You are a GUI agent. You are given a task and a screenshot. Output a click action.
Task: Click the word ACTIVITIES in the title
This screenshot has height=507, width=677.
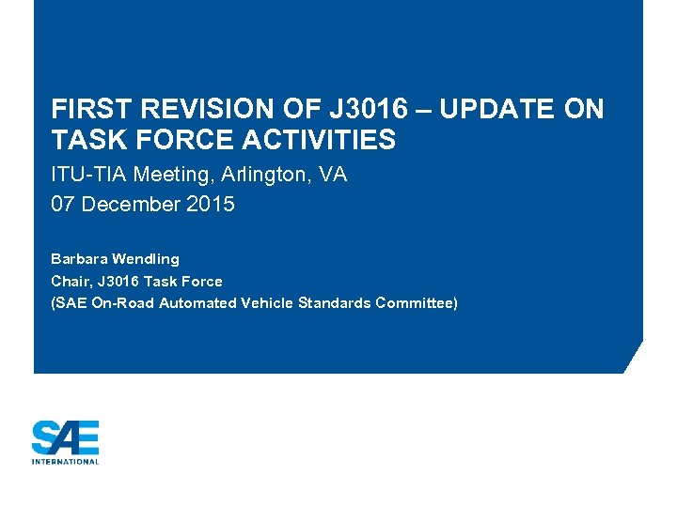pyautogui.click(x=319, y=141)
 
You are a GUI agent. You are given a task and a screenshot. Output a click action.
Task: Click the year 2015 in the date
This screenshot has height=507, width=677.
pyautogui.click(x=211, y=204)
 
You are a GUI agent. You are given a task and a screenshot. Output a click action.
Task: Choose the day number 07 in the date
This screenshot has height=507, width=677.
pyautogui.click(x=64, y=204)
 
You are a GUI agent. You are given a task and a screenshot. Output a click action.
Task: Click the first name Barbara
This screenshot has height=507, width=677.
pyautogui.click(x=78, y=258)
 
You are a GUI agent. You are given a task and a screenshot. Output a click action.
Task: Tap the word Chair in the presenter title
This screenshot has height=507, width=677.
pyautogui.click(x=69, y=281)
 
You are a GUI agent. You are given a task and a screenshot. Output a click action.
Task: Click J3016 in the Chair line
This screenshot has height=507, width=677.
pyautogui.click(x=116, y=281)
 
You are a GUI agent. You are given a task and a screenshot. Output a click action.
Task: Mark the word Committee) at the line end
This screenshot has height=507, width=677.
pyautogui.click(x=417, y=302)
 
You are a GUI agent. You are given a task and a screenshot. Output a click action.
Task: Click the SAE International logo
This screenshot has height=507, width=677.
pyautogui.click(x=65, y=441)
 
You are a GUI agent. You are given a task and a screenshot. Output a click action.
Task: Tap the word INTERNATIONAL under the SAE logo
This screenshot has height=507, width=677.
pyautogui.click(x=65, y=461)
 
